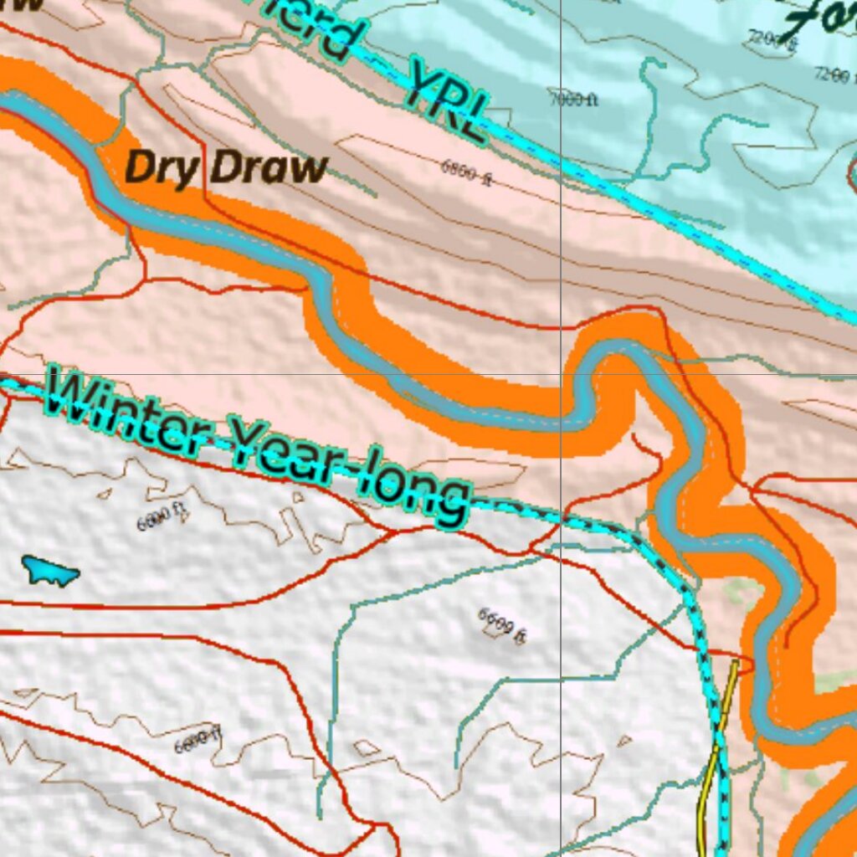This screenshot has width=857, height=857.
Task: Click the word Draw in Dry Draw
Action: click(267, 169)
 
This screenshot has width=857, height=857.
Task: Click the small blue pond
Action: click(50, 571)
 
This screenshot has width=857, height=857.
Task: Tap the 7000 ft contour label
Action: click(573, 100)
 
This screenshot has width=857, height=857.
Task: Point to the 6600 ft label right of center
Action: click(502, 625)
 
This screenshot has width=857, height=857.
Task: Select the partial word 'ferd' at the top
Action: click(322, 25)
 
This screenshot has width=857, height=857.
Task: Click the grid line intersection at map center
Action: click(560, 374)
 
